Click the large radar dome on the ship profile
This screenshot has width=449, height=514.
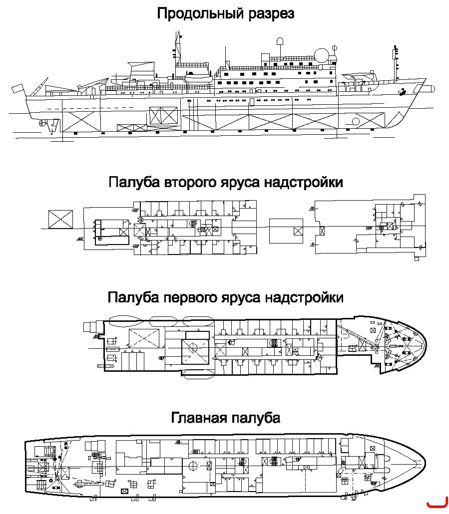322,55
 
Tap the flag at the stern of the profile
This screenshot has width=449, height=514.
17,88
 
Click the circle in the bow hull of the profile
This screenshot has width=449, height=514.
356,122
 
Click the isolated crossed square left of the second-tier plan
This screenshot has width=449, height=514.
60,219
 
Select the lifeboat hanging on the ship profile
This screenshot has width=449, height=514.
198,79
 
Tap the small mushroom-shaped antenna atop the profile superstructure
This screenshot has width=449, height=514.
280,41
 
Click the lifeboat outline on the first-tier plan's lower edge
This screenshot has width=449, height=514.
198,374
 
